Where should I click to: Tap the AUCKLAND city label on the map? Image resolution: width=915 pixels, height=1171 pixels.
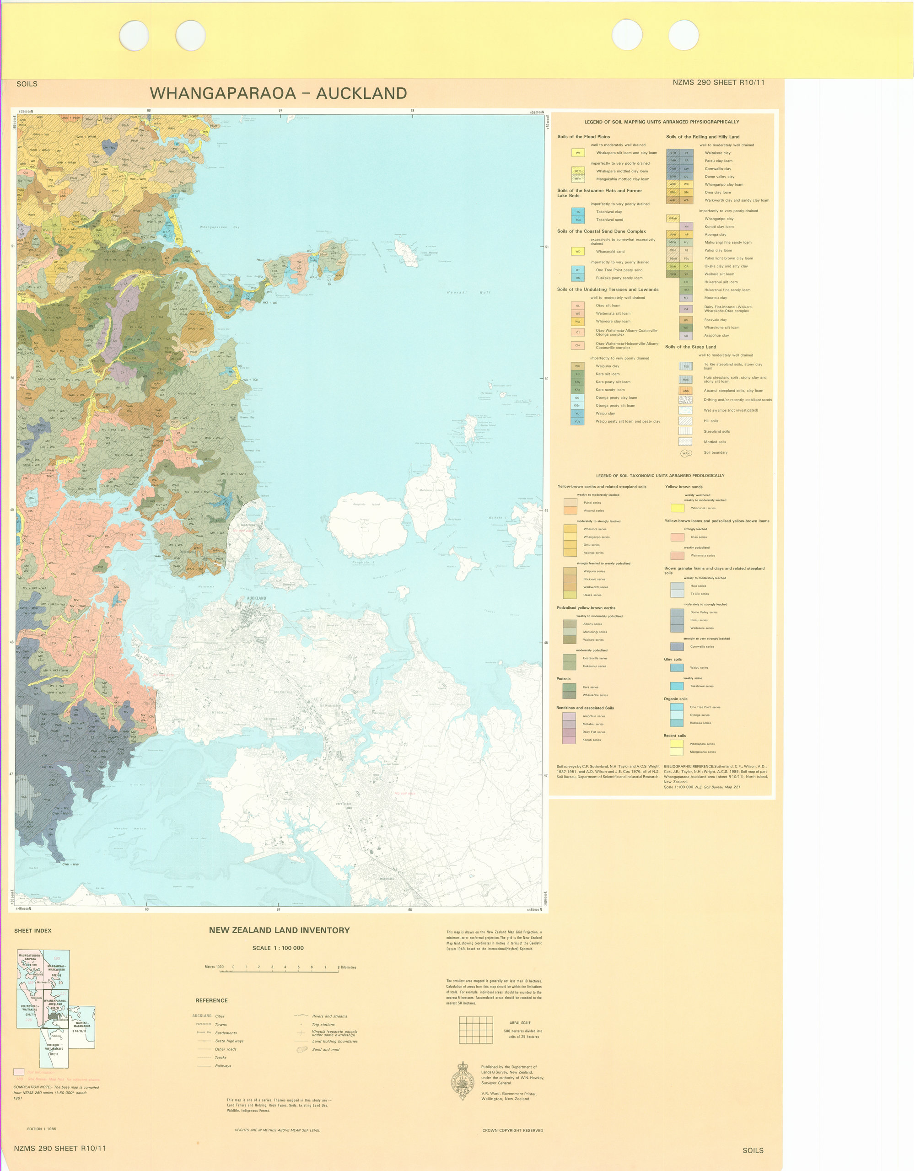[x=256, y=598]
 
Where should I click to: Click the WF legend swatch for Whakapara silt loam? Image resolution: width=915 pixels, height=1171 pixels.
[x=578, y=153]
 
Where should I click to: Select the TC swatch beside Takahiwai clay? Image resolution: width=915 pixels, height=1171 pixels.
[x=578, y=212]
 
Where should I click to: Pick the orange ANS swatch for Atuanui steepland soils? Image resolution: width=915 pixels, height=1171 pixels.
[x=685, y=391]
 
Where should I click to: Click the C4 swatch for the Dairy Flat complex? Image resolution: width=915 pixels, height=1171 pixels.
[x=685, y=309]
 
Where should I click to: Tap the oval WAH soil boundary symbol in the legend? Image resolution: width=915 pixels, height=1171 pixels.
[x=685, y=453]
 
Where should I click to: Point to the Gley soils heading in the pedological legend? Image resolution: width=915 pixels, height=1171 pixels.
[x=673, y=660]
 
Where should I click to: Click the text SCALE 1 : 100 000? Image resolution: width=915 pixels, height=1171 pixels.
[x=278, y=948]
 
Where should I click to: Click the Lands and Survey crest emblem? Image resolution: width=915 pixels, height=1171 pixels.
[x=463, y=1081]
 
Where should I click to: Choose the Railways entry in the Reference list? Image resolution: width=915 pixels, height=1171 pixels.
[x=223, y=1066]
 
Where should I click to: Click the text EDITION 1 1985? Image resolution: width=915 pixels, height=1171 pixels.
[x=41, y=1128]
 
